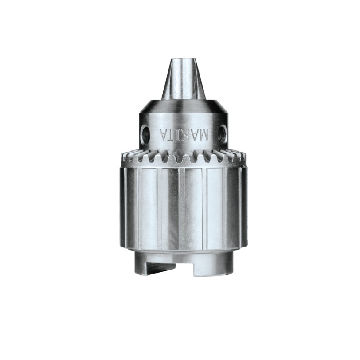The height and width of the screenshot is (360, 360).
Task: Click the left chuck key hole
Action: tap(146, 134)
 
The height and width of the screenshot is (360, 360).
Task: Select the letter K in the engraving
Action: tap(184, 136)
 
